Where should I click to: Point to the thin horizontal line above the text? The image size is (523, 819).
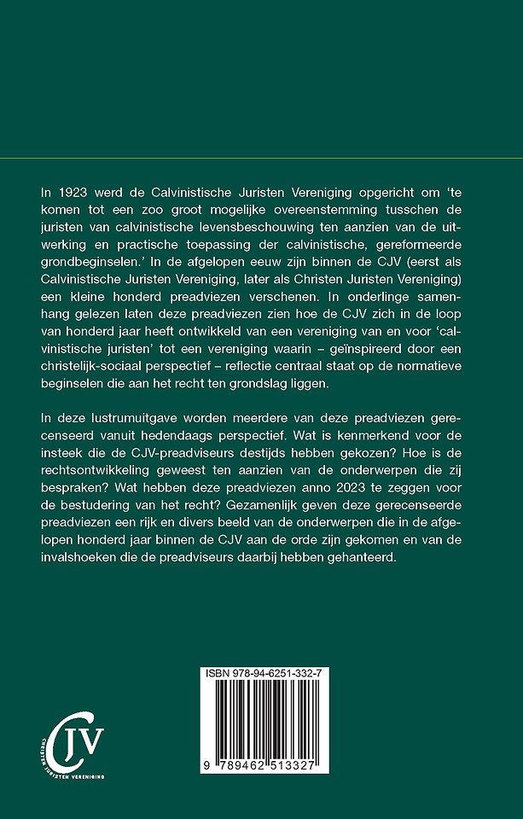(261, 160)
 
